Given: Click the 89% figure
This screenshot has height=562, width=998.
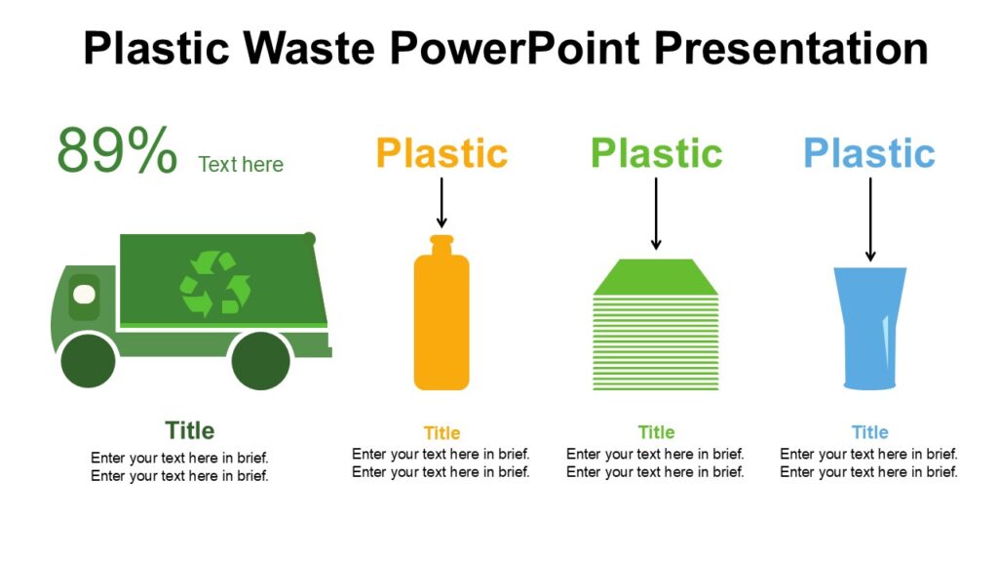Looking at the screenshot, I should pyautogui.click(x=117, y=151).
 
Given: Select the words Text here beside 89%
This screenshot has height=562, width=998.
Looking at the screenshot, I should pyautogui.click(x=241, y=164).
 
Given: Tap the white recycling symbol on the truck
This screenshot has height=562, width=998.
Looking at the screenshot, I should pyautogui.click(x=214, y=284).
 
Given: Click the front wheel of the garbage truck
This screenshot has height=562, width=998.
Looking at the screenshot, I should pyautogui.click(x=88, y=360).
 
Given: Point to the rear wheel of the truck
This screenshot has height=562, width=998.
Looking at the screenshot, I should pyautogui.click(x=261, y=360).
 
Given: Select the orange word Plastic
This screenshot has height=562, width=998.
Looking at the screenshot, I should pyautogui.click(x=441, y=153).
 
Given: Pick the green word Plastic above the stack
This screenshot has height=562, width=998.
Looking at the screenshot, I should pyautogui.click(x=656, y=153).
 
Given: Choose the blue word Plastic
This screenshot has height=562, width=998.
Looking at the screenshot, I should pyautogui.click(x=869, y=153).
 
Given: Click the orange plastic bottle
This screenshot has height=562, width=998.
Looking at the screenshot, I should pyautogui.click(x=441, y=322).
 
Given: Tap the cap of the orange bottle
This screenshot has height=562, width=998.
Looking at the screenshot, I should pyautogui.click(x=441, y=243).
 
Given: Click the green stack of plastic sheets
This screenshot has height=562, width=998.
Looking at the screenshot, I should pyautogui.click(x=656, y=327).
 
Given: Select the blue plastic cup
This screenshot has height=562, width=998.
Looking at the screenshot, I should pyautogui.click(x=869, y=327).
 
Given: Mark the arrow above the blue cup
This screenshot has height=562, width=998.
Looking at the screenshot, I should pyautogui.click(x=869, y=219).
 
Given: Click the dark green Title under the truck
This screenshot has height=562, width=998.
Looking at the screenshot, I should pyautogui.click(x=189, y=430).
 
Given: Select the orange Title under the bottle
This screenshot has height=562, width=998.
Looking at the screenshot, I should pyautogui.click(x=441, y=433).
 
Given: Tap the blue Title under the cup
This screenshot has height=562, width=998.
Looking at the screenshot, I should pyautogui.click(x=869, y=432).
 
